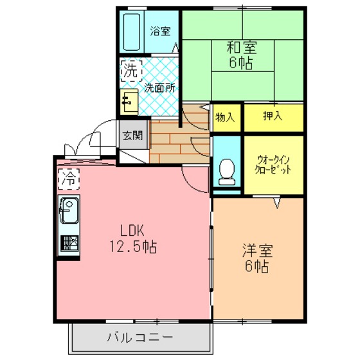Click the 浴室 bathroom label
[161, 32]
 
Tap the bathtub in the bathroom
[132, 32]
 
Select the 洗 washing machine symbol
[131, 71]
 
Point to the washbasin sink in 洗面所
[129, 102]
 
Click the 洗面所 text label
[160, 88]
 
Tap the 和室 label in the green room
[242, 47]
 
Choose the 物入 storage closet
[225, 118]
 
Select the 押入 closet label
[273, 116]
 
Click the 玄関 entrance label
[133, 136]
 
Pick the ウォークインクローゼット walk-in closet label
[273, 165]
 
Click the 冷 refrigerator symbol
[69, 179]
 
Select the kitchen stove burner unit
[69, 244]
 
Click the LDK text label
[132, 231]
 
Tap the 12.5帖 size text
[133, 246]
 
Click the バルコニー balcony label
[140, 337]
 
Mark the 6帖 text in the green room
[241, 62]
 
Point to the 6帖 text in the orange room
[256, 266]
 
